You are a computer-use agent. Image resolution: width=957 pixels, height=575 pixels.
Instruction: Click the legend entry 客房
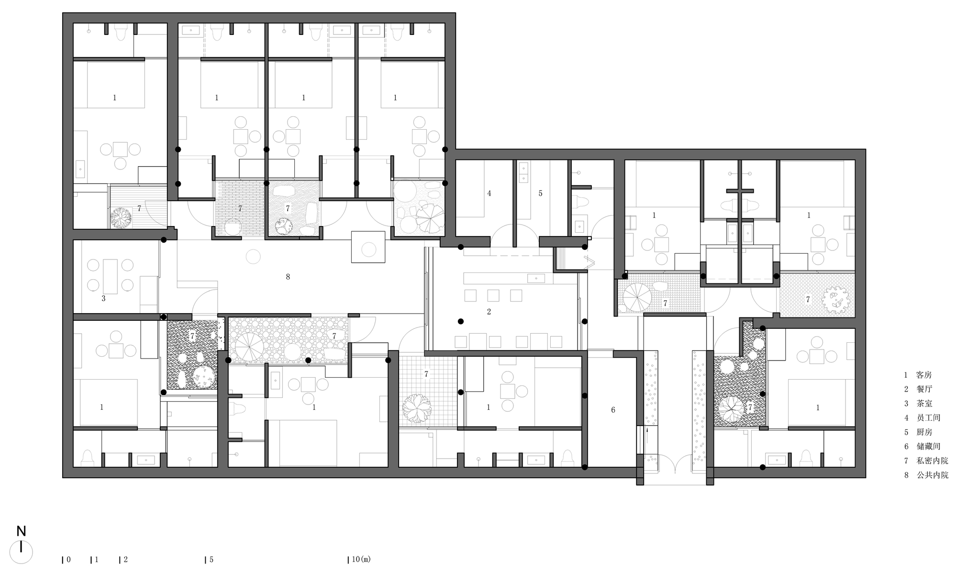[924, 375]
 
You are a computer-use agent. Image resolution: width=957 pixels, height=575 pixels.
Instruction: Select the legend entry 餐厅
[924, 389]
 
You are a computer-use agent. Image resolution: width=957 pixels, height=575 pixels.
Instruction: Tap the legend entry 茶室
[924, 404]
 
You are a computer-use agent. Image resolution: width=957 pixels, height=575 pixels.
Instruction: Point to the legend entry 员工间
[928, 418]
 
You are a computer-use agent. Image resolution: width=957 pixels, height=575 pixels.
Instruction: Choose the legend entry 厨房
[924, 432]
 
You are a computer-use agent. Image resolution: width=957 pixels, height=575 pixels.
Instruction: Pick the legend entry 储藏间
[928, 447]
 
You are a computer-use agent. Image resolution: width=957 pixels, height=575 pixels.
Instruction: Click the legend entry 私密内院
[932, 461]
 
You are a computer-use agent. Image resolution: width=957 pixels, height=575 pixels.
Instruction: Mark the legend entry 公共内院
[932, 475]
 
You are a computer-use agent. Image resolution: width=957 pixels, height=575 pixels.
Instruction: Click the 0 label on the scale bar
[69, 559]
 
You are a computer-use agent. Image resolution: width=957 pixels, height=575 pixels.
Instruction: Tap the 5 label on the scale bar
[211, 559]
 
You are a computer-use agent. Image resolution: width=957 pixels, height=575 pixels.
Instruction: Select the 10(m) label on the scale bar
[361, 559]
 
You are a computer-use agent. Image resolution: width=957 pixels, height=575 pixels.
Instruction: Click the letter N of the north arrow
[21, 531]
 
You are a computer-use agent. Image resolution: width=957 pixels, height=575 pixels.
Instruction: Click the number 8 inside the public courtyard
[288, 277]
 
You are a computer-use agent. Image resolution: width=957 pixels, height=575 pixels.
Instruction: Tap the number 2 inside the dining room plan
[489, 312]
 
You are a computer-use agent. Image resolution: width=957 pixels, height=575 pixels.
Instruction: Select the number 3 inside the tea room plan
[103, 298]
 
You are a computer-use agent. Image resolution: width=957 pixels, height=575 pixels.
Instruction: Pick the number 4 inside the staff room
[489, 193]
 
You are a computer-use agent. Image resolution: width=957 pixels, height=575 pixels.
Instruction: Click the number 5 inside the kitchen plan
[540, 193]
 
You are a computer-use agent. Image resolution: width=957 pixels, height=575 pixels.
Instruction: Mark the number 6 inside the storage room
[613, 410]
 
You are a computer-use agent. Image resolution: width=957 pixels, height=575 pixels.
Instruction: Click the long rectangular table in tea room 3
[110, 276]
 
